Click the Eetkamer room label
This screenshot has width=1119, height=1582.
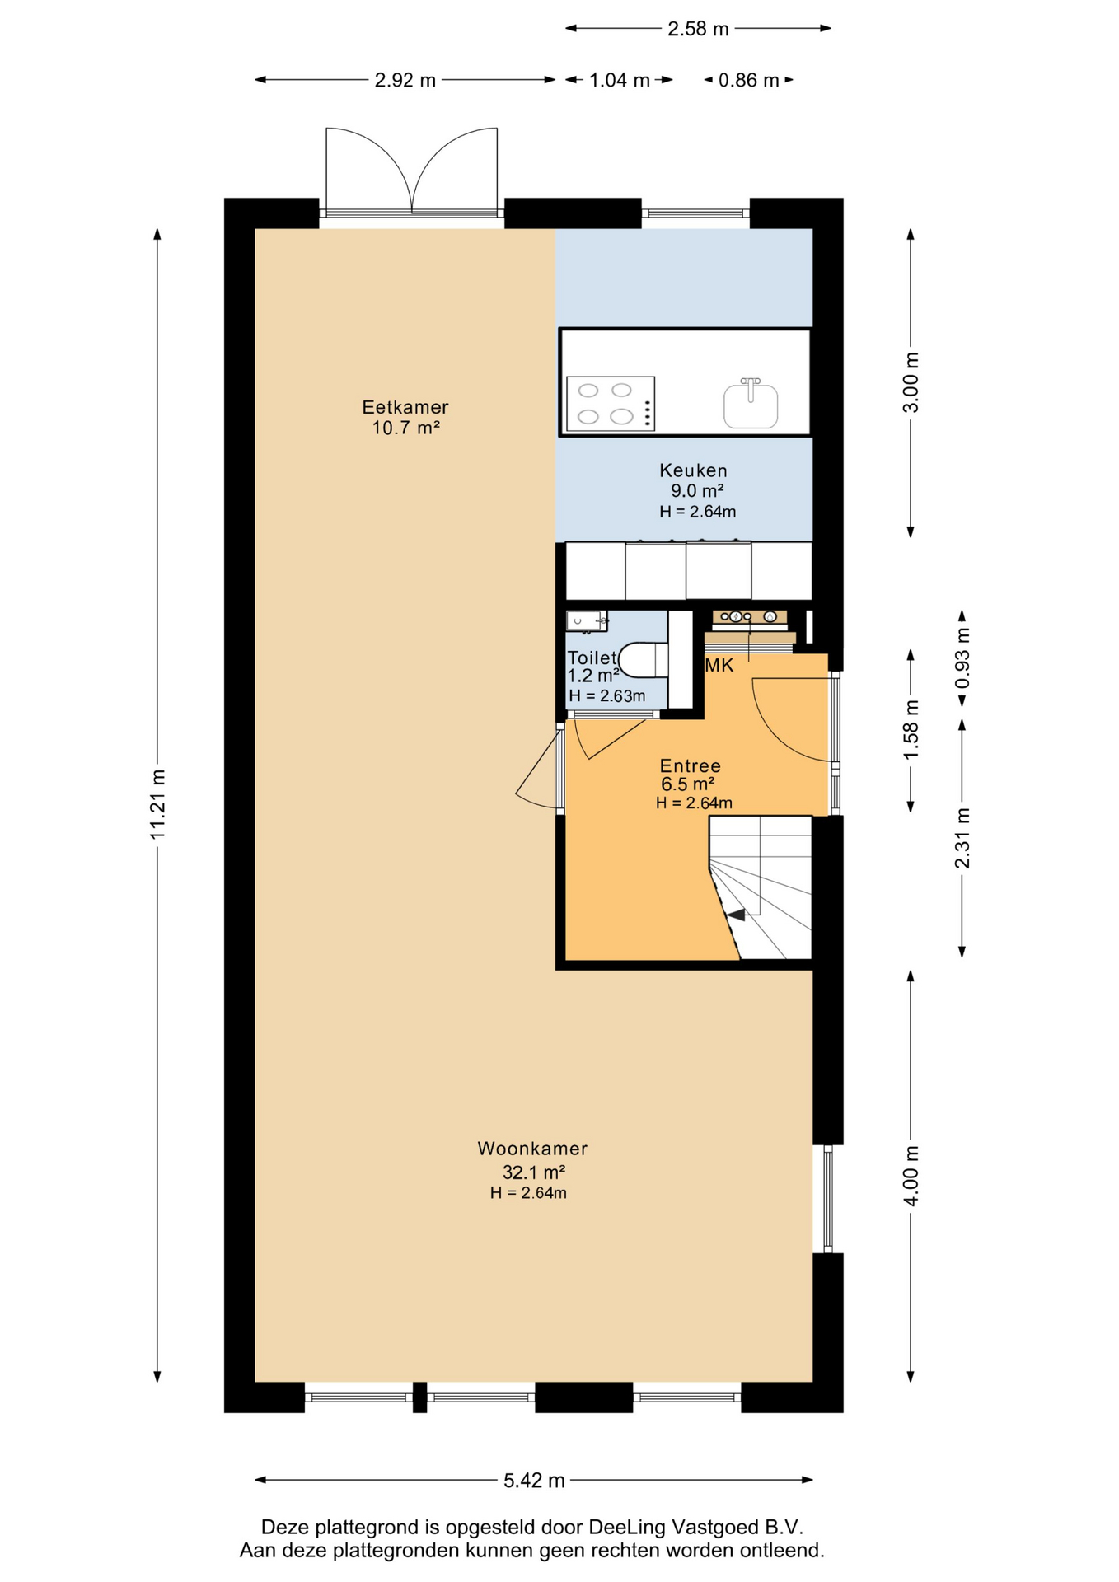(x=405, y=407)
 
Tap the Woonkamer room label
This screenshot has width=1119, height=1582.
(x=532, y=1148)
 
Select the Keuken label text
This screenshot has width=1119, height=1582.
(x=693, y=470)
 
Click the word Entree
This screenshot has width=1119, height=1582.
(x=691, y=765)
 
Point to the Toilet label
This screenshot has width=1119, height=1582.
(x=592, y=658)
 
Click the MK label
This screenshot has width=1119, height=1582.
(x=719, y=666)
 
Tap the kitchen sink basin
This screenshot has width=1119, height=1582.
(x=751, y=405)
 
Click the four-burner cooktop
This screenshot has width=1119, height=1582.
(x=611, y=404)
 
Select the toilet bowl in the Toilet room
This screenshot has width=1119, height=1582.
(x=643, y=659)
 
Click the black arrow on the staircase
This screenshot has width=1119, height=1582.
(x=735, y=915)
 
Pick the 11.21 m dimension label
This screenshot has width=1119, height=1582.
(x=157, y=804)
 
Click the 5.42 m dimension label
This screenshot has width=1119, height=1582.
(x=534, y=1481)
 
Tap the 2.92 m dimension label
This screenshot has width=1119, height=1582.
(x=405, y=80)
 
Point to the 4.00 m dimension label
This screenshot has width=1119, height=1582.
(x=911, y=1176)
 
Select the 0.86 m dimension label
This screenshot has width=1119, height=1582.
(x=748, y=80)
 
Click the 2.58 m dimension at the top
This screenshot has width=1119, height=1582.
(x=698, y=29)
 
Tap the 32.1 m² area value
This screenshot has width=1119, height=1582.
(x=534, y=1172)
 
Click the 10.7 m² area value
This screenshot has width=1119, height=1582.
(x=405, y=428)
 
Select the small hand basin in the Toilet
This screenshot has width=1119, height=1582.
(x=587, y=621)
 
